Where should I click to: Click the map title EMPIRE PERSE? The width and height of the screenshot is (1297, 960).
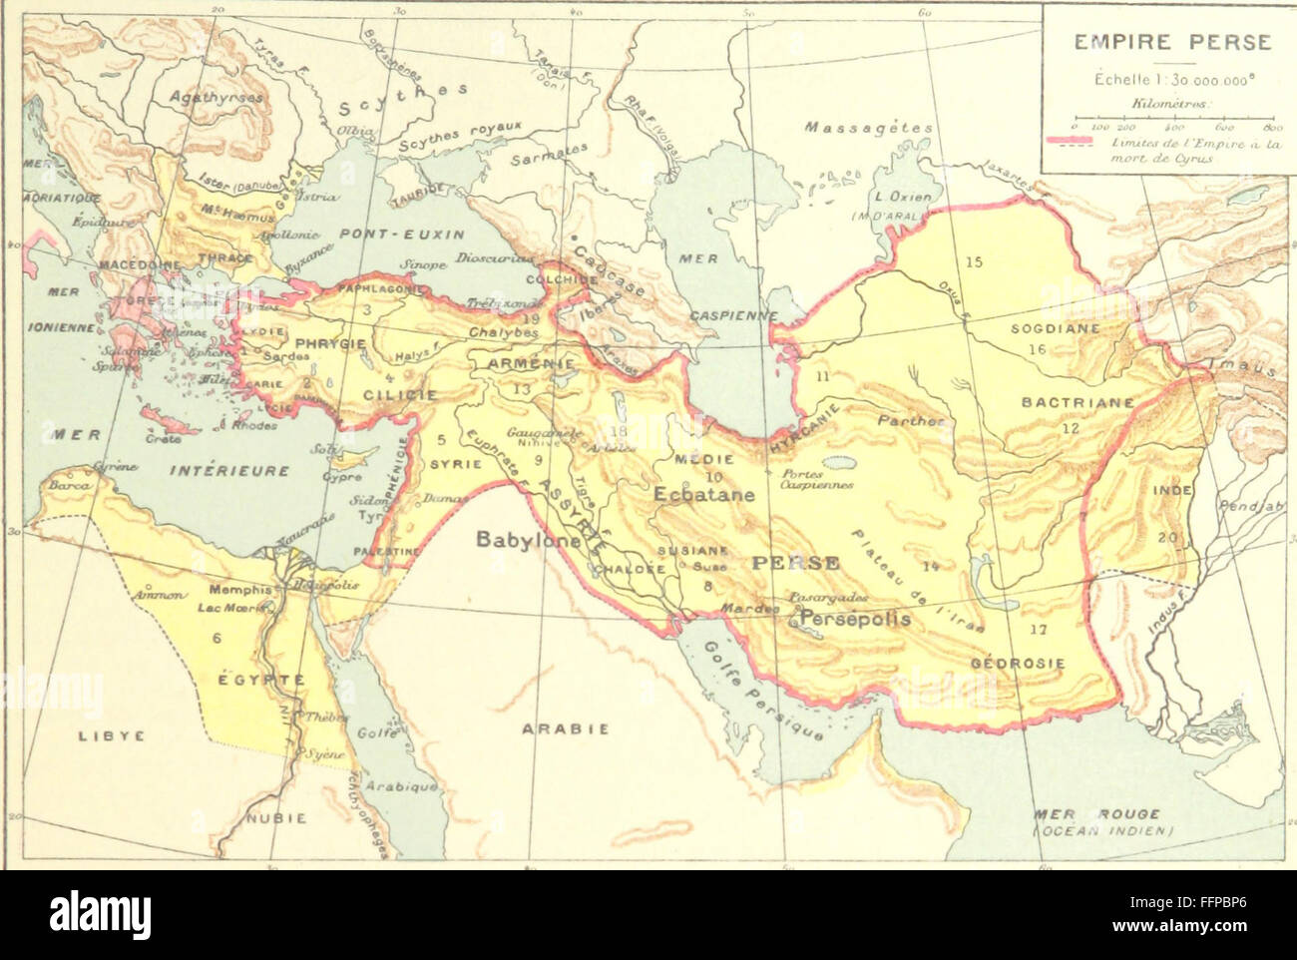1172,43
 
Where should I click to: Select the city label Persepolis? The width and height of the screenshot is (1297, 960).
855,619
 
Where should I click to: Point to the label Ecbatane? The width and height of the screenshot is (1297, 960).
704,493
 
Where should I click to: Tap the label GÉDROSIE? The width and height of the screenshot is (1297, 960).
1018,664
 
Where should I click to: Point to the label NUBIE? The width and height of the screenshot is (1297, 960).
276,817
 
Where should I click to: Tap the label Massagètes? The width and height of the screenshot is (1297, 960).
868,128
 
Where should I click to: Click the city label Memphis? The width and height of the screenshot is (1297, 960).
240,590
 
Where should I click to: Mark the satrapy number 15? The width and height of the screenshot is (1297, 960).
973,262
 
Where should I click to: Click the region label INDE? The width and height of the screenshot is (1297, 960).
1172,492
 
